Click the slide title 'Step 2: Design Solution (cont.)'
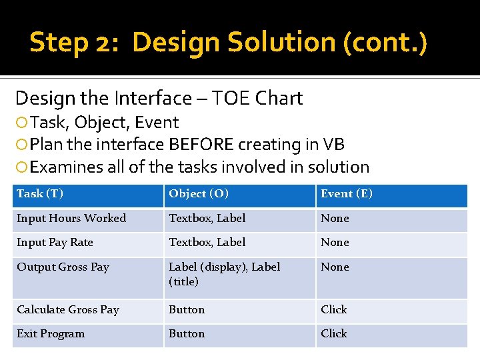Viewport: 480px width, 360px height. [228, 42]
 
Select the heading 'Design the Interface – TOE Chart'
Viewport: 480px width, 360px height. [159, 99]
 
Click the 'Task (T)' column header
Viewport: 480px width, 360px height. [40, 194]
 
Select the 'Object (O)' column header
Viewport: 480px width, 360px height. [199, 194]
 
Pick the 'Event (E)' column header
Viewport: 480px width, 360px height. [347, 194]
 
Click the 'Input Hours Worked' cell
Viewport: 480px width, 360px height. [71, 219]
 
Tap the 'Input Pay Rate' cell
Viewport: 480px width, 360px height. [55, 243]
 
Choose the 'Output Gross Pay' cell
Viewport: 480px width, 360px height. [63, 267]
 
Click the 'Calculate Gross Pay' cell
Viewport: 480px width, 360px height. [68, 310]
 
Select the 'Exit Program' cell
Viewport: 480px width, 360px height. [51, 334]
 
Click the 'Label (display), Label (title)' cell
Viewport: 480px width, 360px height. [224, 274]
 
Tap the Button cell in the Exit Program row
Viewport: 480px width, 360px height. [187, 334]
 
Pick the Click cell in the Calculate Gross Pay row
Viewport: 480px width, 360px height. [334, 310]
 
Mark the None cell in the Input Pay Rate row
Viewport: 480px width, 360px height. [335, 243]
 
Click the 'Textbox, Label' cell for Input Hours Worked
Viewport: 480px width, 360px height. [207, 219]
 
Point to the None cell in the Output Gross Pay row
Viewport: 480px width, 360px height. [335, 267]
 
